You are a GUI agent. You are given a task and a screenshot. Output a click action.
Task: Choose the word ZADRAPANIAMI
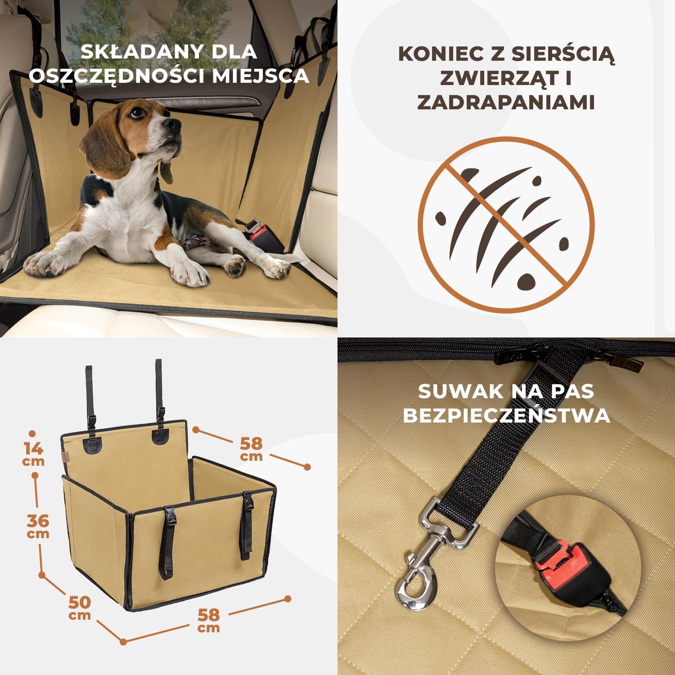pyautogui.click(x=506, y=102)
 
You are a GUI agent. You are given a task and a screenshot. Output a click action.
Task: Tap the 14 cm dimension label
pyautogui.click(x=34, y=454)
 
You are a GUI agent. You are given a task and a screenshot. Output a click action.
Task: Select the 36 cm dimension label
pyautogui.click(x=38, y=526)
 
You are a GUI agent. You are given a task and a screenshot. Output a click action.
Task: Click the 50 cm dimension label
pyautogui.click(x=80, y=607)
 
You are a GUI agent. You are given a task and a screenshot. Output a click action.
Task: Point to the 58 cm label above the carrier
pyautogui.click(x=251, y=449)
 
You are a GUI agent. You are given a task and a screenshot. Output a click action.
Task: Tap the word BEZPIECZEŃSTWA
pyautogui.click(x=506, y=415)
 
